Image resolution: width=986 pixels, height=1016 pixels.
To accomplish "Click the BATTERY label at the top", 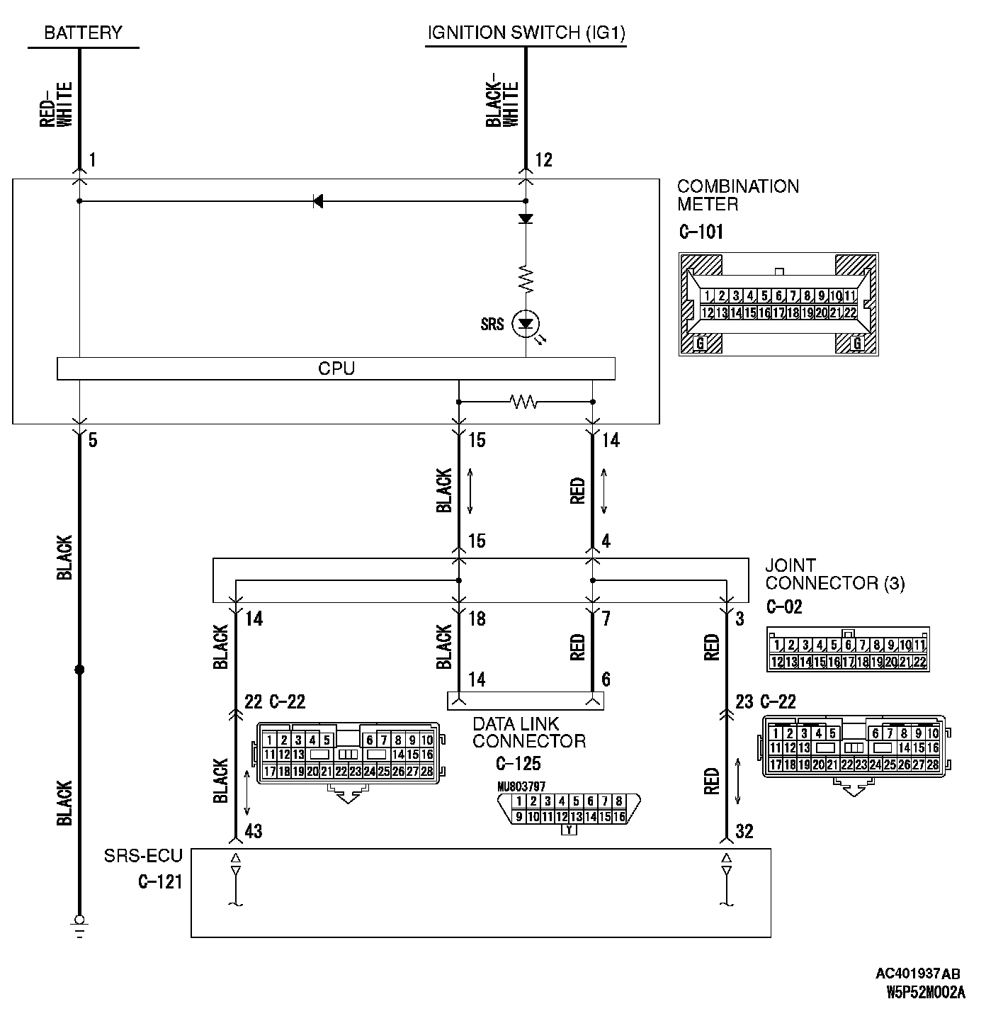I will (83, 33).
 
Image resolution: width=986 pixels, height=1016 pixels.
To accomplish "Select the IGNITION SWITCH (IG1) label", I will (526, 33).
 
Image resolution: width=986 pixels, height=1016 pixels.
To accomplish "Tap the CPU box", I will (336, 368).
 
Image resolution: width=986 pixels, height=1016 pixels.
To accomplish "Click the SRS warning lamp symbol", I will (526, 324).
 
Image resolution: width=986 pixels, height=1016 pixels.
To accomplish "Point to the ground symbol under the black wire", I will (79, 925).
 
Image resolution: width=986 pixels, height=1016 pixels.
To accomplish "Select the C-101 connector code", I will (701, 232).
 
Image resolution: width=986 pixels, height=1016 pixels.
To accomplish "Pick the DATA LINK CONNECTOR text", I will (528, 733).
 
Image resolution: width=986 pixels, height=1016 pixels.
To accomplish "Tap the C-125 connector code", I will (518, 763).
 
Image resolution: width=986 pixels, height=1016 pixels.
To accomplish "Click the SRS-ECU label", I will (143, 856).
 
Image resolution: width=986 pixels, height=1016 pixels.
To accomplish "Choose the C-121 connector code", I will (160, 881).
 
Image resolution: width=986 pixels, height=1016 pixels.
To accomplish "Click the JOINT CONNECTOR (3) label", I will (834, 575).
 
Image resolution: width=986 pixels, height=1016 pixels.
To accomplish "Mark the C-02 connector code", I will (784, 607).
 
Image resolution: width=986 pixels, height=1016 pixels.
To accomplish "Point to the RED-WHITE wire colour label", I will (56, 105).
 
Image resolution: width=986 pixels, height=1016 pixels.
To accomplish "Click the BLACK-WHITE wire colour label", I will (502, 105).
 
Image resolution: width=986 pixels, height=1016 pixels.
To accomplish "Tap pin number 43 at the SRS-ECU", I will (253, 831).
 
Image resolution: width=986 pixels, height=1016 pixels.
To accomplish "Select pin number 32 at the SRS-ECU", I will (744, 831).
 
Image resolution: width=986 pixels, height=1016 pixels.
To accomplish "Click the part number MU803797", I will (521, 786).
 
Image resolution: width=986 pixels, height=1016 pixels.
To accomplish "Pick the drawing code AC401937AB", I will (918, 974).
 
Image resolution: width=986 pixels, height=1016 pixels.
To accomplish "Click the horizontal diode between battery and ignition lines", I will (318, 201).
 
